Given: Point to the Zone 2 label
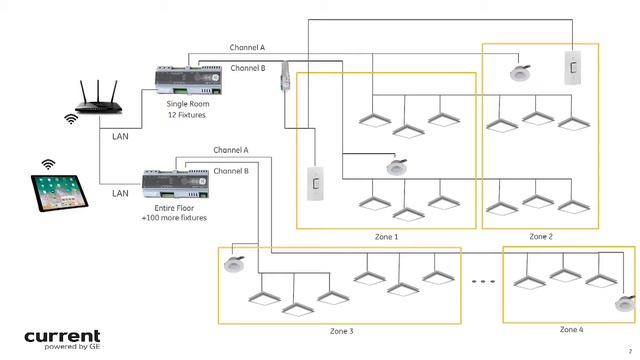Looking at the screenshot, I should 540,236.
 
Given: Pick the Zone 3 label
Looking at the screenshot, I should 341,330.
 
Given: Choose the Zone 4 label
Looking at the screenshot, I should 571,329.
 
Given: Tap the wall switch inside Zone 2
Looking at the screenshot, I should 574,68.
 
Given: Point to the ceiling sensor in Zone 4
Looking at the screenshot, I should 624,304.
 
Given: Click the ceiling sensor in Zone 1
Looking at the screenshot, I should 396,166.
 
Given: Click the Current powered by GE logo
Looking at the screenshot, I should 62,339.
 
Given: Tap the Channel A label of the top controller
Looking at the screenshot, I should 247,47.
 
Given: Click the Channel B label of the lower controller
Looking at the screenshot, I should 230,171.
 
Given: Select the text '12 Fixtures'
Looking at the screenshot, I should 187,115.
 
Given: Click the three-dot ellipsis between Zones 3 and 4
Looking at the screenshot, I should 483,283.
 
